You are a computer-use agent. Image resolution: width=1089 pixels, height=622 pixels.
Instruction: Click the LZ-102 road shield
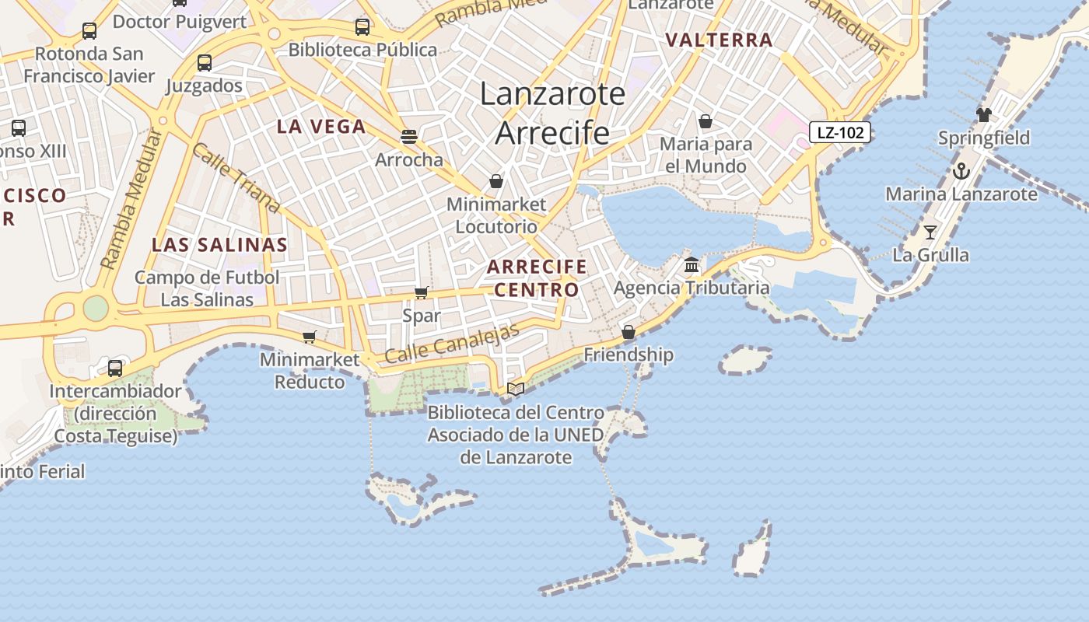tap(840, 132)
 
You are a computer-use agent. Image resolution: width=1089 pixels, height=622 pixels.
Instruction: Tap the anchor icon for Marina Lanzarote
tap(961, 171)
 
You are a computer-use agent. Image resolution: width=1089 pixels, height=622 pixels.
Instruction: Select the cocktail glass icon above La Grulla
tap(930, 232)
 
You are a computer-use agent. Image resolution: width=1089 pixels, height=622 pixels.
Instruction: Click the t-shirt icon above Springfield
tap(984, 115)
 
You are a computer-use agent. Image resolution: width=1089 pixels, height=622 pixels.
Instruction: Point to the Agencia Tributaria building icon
tap(692, 266)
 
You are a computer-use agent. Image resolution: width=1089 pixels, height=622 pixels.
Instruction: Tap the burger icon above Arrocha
tap(409, 137)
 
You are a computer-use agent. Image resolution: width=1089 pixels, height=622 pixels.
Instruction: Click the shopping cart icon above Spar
tap(421, 293)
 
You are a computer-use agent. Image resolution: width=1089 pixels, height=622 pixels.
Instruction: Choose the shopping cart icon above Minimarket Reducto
tap(309, 337)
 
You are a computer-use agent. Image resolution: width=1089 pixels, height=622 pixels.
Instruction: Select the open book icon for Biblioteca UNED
tap(515, 389)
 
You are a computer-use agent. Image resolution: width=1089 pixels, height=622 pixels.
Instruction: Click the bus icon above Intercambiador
tap(115, 369)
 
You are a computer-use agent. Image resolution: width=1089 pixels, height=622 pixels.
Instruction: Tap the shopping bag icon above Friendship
tap(629, 333)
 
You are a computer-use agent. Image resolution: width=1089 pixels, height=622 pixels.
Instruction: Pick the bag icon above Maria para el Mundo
tap(706, 121)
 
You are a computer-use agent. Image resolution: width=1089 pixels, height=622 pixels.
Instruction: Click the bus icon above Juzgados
tap(205, 63)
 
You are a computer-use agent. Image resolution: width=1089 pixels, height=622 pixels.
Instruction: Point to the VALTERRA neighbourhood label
tap(720, 40)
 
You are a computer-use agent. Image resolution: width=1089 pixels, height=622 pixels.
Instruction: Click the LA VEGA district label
tap(321, 127)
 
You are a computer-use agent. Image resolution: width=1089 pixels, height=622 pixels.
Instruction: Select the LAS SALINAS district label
tap(219, 245)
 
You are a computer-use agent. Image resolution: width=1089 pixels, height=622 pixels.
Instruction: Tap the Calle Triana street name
tap(235, 178)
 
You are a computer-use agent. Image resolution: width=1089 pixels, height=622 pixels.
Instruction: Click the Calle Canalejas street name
tap(452, 343)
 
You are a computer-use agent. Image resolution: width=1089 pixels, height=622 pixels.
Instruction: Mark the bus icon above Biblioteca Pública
tap(362, 27)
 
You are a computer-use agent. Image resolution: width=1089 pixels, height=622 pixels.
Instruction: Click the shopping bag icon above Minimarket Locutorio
tap(496, 182)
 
